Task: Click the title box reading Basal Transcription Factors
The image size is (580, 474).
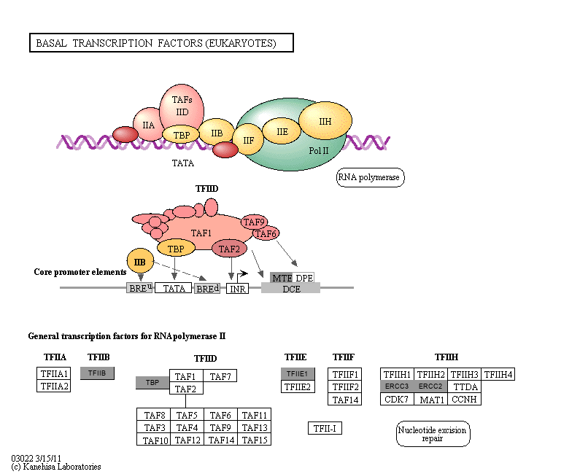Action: tap(161, 43)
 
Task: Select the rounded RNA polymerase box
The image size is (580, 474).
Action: tap(370, 177)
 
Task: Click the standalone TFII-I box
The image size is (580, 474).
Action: tap(325, 428)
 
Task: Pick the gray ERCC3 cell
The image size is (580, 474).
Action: tap(397, 386)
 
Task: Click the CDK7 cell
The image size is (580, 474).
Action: tap(397, 399)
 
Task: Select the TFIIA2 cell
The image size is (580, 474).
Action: tap(53, 386)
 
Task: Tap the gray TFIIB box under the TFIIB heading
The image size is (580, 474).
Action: tap(97, 373)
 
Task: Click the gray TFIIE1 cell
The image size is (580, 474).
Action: tap(298, 373)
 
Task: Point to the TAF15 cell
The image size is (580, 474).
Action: tap(255, 440)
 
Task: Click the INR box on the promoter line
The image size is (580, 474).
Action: tap(237, 289)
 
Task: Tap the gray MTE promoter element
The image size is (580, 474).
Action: tap(281, 278)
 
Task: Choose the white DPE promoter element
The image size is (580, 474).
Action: tap(303, 278)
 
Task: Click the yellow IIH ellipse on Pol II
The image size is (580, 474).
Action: tap(325, 121)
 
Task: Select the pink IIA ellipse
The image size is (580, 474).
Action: tap(149, 125)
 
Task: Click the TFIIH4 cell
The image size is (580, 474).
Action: tap(498, 374)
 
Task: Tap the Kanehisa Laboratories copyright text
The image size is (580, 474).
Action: tap(55, 467)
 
